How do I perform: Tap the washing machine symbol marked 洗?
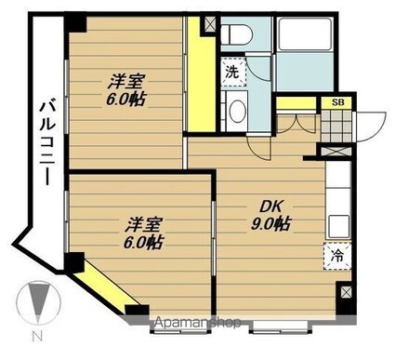pos(230,71)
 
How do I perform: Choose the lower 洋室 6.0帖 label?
pos(141,232)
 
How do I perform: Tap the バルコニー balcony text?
pos(45,143)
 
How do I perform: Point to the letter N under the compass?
pos(37,337)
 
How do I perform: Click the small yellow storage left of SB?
pos(297,103)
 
